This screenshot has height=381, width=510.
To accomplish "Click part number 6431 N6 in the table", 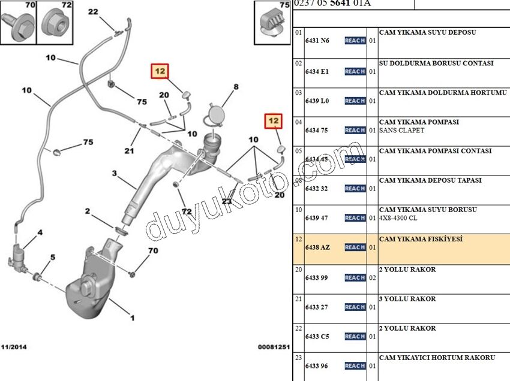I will [x=317, y=41].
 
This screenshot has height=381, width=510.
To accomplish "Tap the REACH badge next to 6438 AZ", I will [x=355, y=247].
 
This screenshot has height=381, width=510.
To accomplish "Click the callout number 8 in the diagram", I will [x=236, y=87].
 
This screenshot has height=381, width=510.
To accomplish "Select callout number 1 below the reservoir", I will [x=132, y=317].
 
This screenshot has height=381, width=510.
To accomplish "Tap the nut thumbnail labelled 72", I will [x=54, y=22].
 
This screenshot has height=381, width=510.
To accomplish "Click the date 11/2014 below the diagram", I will [x=14, y=347].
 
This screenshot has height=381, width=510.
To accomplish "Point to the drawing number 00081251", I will [x=274, y=347].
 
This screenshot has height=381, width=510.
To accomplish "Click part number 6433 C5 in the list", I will [x=317, y=337].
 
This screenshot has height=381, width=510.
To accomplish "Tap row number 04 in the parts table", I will [x=298, y=122].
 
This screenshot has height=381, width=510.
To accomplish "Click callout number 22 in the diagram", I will [x=93, y=12].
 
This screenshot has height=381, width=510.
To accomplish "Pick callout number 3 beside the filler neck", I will [x=113, y=174].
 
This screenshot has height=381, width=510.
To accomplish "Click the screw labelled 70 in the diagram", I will [x=132, y=274].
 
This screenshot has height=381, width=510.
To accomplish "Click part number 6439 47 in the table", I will [x=317, y=218].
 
